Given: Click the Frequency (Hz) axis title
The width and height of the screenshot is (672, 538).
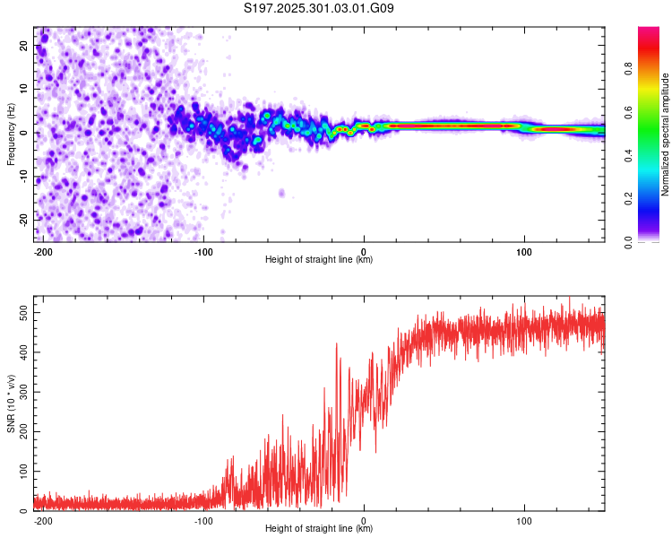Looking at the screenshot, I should [11, 134].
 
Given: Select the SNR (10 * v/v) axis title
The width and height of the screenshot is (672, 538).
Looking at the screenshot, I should [11, 403].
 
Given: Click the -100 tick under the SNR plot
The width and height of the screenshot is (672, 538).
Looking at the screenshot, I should [203, 520].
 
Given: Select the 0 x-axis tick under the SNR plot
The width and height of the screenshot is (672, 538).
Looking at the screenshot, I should [364, 520].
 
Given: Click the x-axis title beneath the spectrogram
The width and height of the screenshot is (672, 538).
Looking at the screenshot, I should [319, 260].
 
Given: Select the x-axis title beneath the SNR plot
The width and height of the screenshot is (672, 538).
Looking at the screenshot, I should [319, 528].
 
